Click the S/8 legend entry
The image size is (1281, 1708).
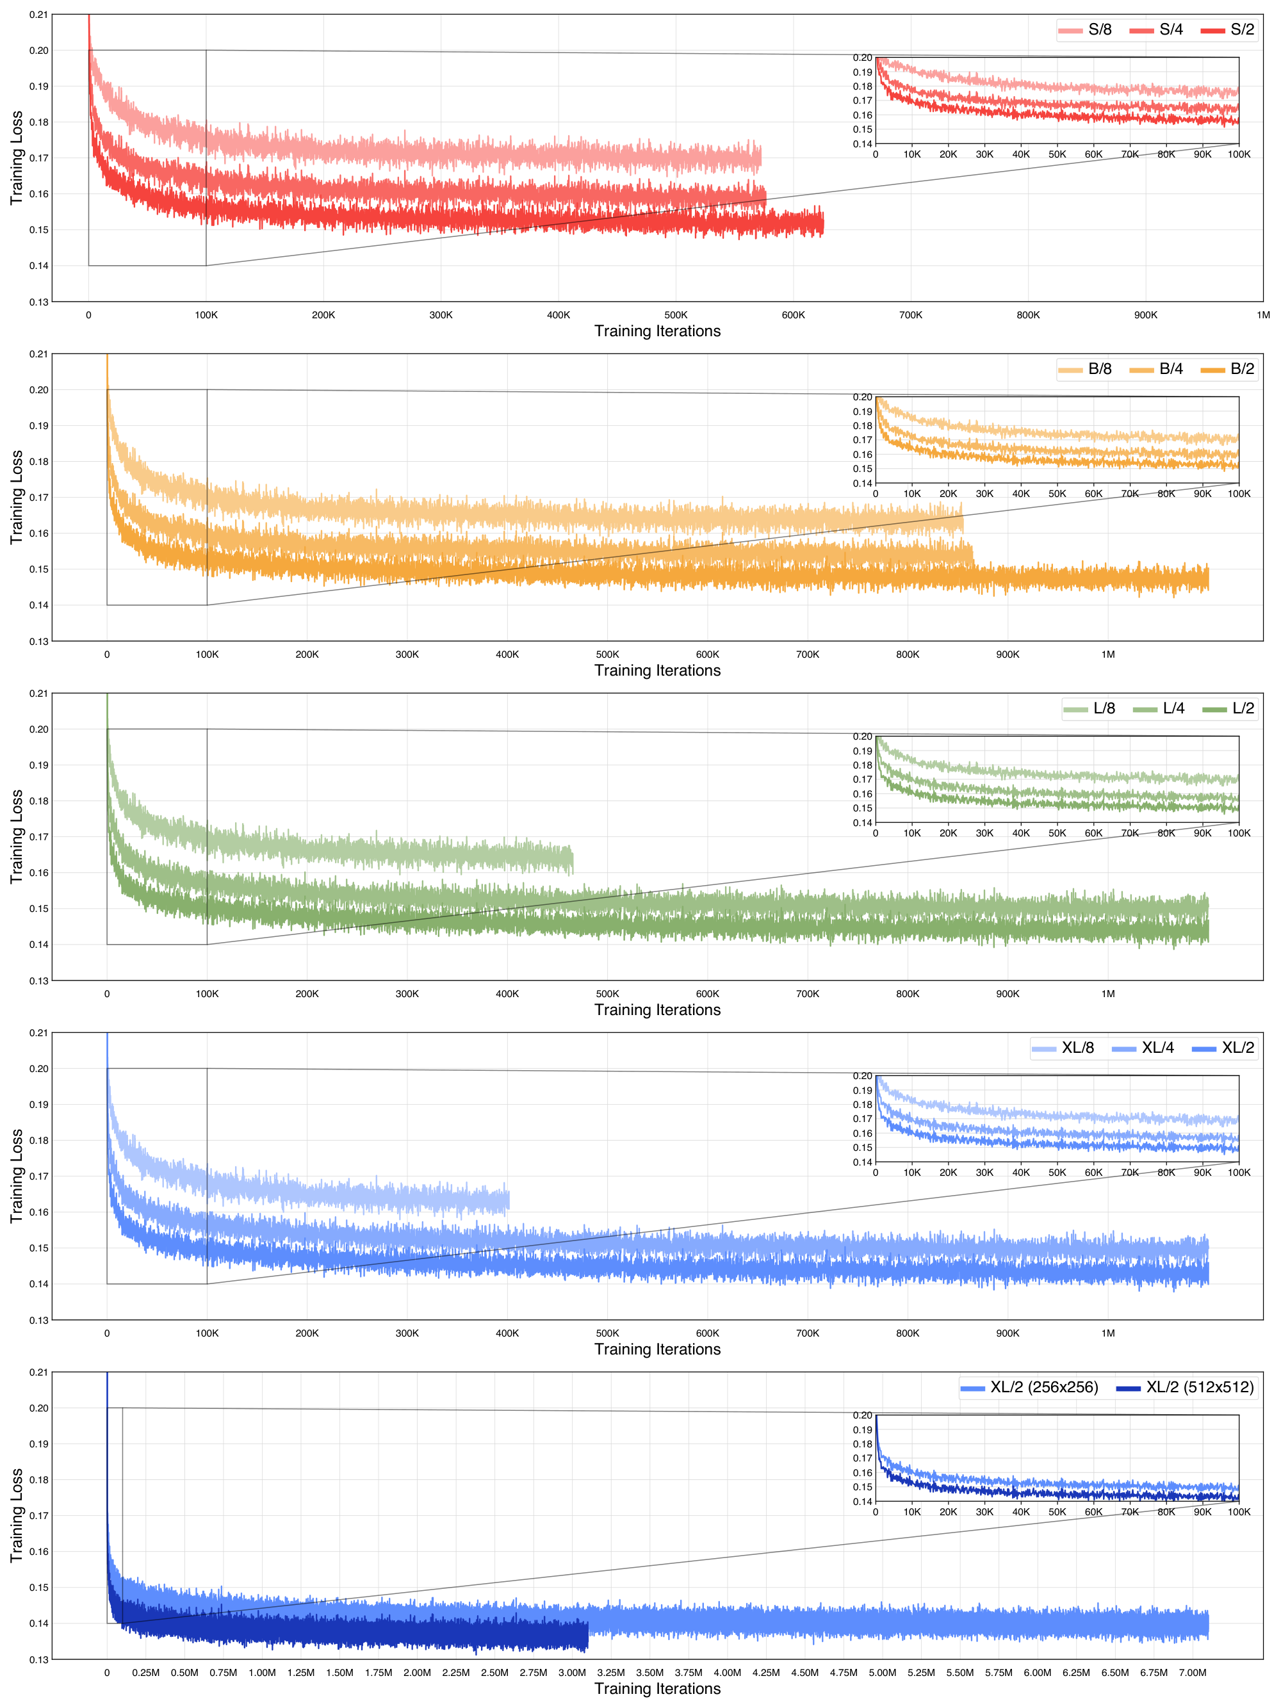point(1086,30)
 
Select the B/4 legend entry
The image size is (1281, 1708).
point(1157,369)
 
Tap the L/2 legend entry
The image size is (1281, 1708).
point(1229,709)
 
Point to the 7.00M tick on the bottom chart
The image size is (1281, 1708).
point(1192,1673)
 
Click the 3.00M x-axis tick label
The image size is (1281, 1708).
point(572,1673)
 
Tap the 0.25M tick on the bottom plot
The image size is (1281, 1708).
point(145,1673)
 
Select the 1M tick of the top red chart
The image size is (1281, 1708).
point(1262,315)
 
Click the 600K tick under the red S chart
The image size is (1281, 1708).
point(793,315)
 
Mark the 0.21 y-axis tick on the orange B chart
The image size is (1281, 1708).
point(38,354)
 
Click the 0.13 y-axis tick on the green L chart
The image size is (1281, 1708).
point(38,980)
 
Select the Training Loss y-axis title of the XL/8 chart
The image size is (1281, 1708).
point(16,1176)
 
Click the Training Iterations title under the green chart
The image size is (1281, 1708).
point(657,1010)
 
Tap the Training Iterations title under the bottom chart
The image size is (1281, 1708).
point(657,1689)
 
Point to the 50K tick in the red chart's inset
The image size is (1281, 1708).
point(1057,154)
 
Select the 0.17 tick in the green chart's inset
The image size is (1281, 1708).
point(863,780)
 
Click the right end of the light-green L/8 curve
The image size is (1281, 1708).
point(572,859)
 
